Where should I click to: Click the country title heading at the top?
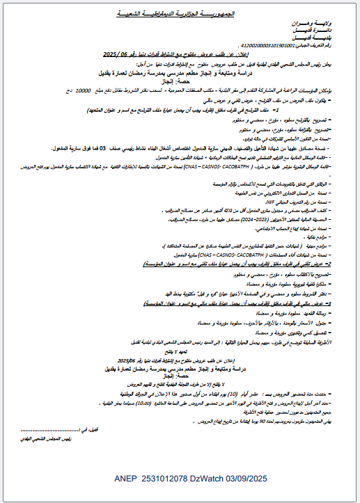(180, 12)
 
